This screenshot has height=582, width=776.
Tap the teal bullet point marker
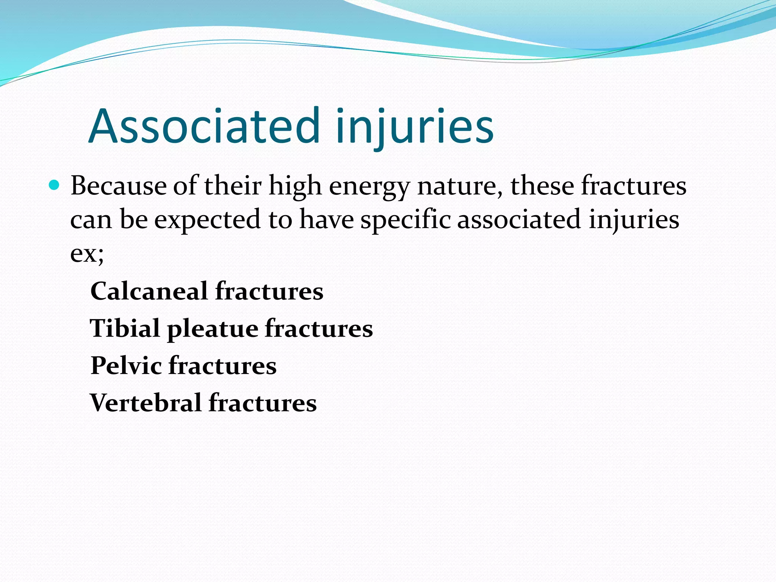55,185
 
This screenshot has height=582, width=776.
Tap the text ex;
87,253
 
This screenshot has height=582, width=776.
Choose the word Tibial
125,328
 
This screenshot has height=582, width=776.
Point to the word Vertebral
145,402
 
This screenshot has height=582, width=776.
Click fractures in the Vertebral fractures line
263,402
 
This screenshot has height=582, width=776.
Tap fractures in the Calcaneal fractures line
269,291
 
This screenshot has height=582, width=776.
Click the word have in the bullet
326,220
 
